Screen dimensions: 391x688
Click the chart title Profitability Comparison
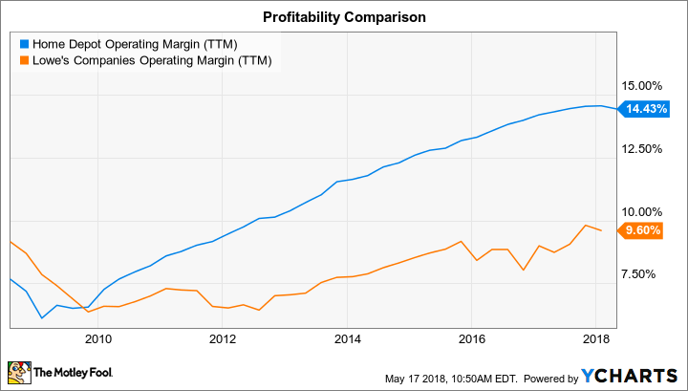[343, 16]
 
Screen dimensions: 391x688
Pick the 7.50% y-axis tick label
[645, 274]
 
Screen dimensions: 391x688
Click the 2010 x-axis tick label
[97, 337]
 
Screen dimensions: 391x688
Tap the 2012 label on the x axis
[222, 337]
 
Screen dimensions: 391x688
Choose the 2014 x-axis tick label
[347, 337]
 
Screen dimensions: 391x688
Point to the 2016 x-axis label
[471, 337]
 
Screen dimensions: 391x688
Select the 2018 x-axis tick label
[596, 337]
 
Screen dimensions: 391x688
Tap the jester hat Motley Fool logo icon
[18, 372]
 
